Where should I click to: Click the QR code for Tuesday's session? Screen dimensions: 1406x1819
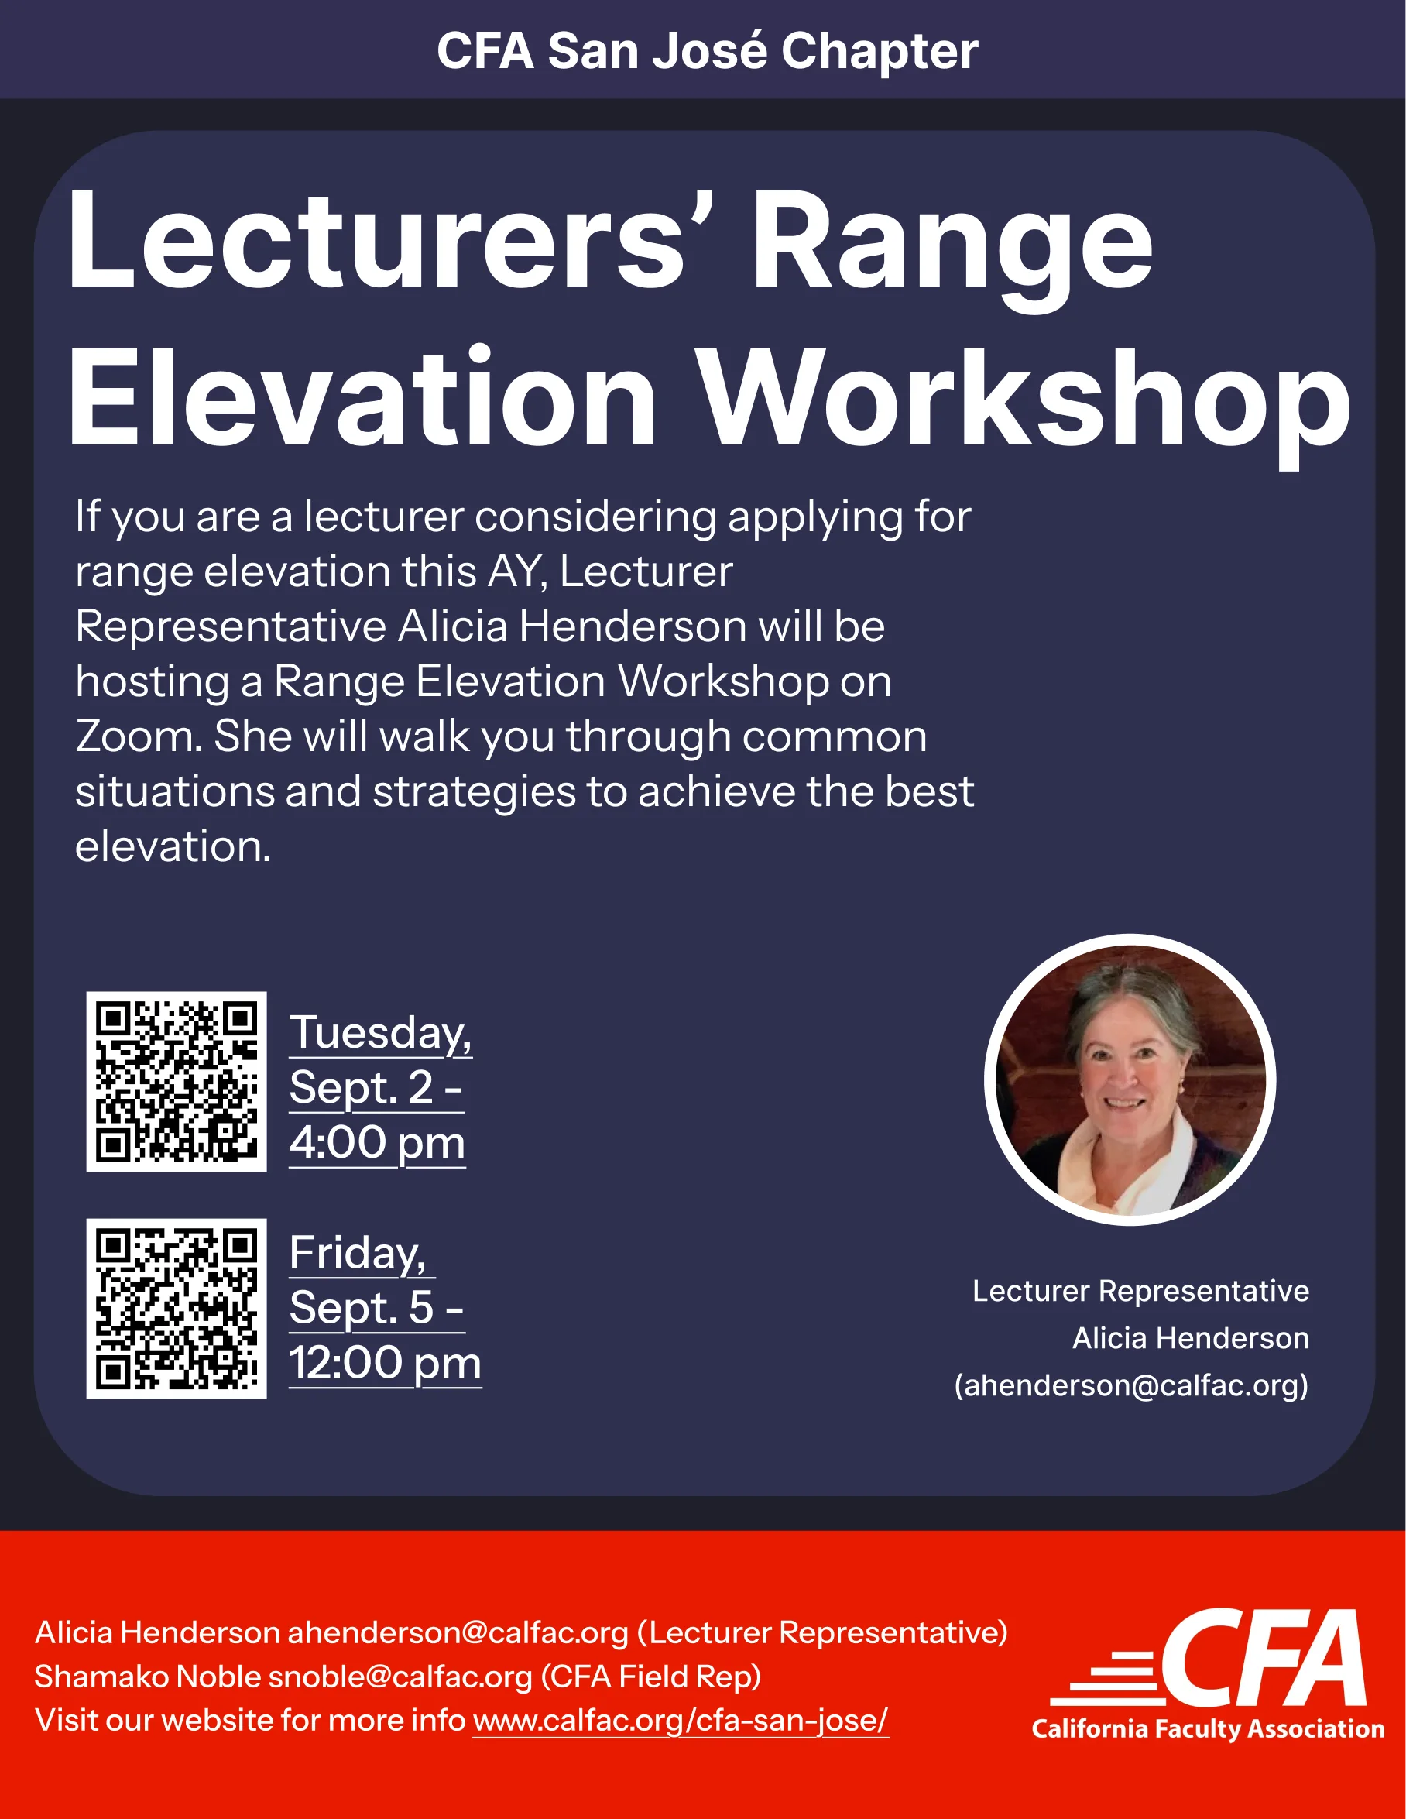pyautogui.click(x=177, y=1081)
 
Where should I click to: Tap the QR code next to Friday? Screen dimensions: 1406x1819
pyautogui.click(x=177, y=1309)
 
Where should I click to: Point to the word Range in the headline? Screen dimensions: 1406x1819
pyautogui.click(x=953, y=249)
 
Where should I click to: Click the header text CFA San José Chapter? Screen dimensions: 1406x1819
pyautogui.click(x=707, y=51)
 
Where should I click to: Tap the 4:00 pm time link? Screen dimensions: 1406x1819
pyautogui.click(x=377, y=1143)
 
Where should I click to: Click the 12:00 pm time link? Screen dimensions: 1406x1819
pyautogui.click(x=385, y=1364)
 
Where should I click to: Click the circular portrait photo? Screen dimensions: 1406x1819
pyautogui.click(x=1130, y=1079)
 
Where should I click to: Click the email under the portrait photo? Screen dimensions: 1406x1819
pyautogui.click(x=1131, y=1385)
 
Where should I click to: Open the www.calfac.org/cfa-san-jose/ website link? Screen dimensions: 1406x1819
pyautogui.click(x=681, y=1720)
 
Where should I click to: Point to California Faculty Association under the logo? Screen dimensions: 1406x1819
pyautogui.click(x=1208, y=1728)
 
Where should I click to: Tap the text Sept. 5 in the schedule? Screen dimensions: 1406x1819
pyautogui.click(x=362, y=1308)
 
